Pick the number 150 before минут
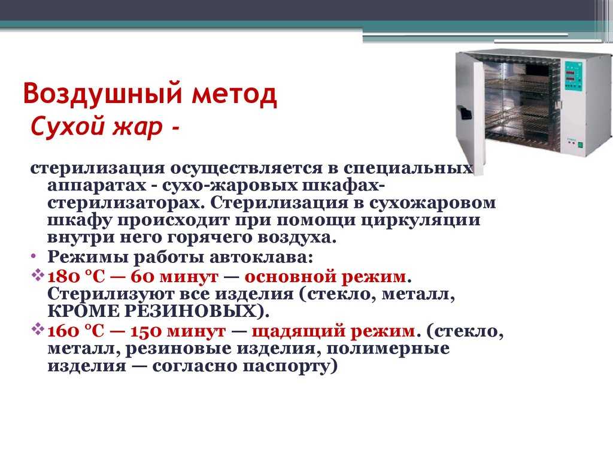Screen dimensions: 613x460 coord(146,331)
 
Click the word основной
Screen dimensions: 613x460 coord(290,277)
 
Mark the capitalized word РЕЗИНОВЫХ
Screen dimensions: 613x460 coord(196,311)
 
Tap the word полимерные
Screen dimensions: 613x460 coord(388,349)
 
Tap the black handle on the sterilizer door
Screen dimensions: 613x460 coord(465,113)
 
